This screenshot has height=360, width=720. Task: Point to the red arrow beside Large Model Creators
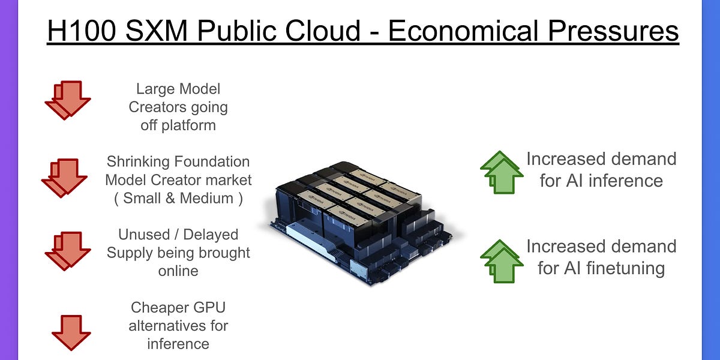[x=67, y=100]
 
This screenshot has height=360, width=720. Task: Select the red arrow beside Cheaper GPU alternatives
[x=71, y=332]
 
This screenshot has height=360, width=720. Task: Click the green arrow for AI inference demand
[x=500, y=172]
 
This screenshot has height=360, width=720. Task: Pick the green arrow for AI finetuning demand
[x=500, y=260]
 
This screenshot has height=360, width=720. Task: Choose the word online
[x=178, y=271]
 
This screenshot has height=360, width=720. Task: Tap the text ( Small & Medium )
[x=178, y=198]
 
